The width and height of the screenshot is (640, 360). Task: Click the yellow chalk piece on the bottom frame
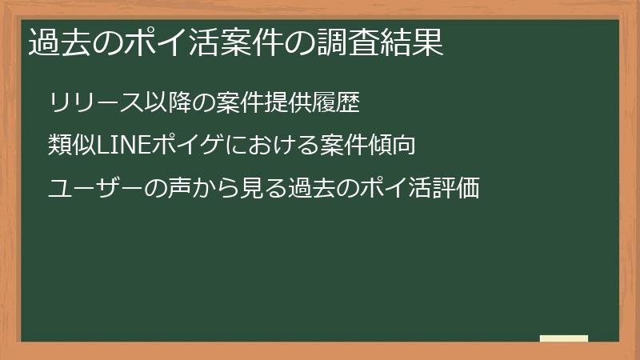(x=563, y=338)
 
